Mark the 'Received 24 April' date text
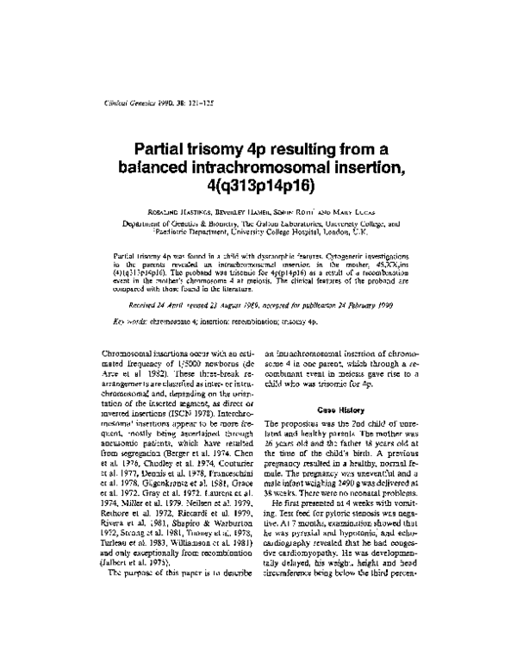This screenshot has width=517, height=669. pos(159,282)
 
